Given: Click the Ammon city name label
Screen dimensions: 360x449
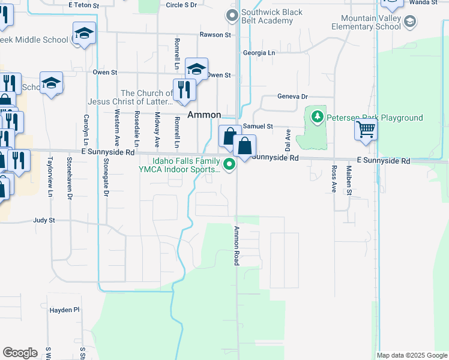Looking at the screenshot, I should coord(204,115).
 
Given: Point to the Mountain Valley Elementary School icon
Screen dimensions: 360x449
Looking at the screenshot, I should coord(410,23).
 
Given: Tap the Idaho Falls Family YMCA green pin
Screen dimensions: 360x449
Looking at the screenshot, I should coord(229,164).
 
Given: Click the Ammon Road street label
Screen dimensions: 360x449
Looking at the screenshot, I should coord(237,246).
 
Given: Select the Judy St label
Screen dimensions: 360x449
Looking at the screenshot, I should coord(44,220).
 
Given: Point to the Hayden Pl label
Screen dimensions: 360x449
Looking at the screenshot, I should coord(65,310).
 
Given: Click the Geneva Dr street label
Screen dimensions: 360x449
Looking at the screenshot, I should coord(292,96).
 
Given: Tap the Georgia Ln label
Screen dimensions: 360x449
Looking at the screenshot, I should coord(259,53).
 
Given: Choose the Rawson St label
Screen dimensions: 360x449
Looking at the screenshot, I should coord(215,35).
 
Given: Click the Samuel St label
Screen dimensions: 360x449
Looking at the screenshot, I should coord(258,127).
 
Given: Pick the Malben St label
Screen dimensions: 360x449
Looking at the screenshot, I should coord(348,182).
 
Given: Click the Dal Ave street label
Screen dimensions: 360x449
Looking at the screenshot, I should coord(288,139).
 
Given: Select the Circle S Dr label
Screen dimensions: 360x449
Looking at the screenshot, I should coord(181,5).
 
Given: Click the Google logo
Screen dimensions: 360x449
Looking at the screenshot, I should coord(20,353).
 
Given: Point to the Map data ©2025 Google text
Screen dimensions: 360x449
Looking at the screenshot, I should coord(411,355).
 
